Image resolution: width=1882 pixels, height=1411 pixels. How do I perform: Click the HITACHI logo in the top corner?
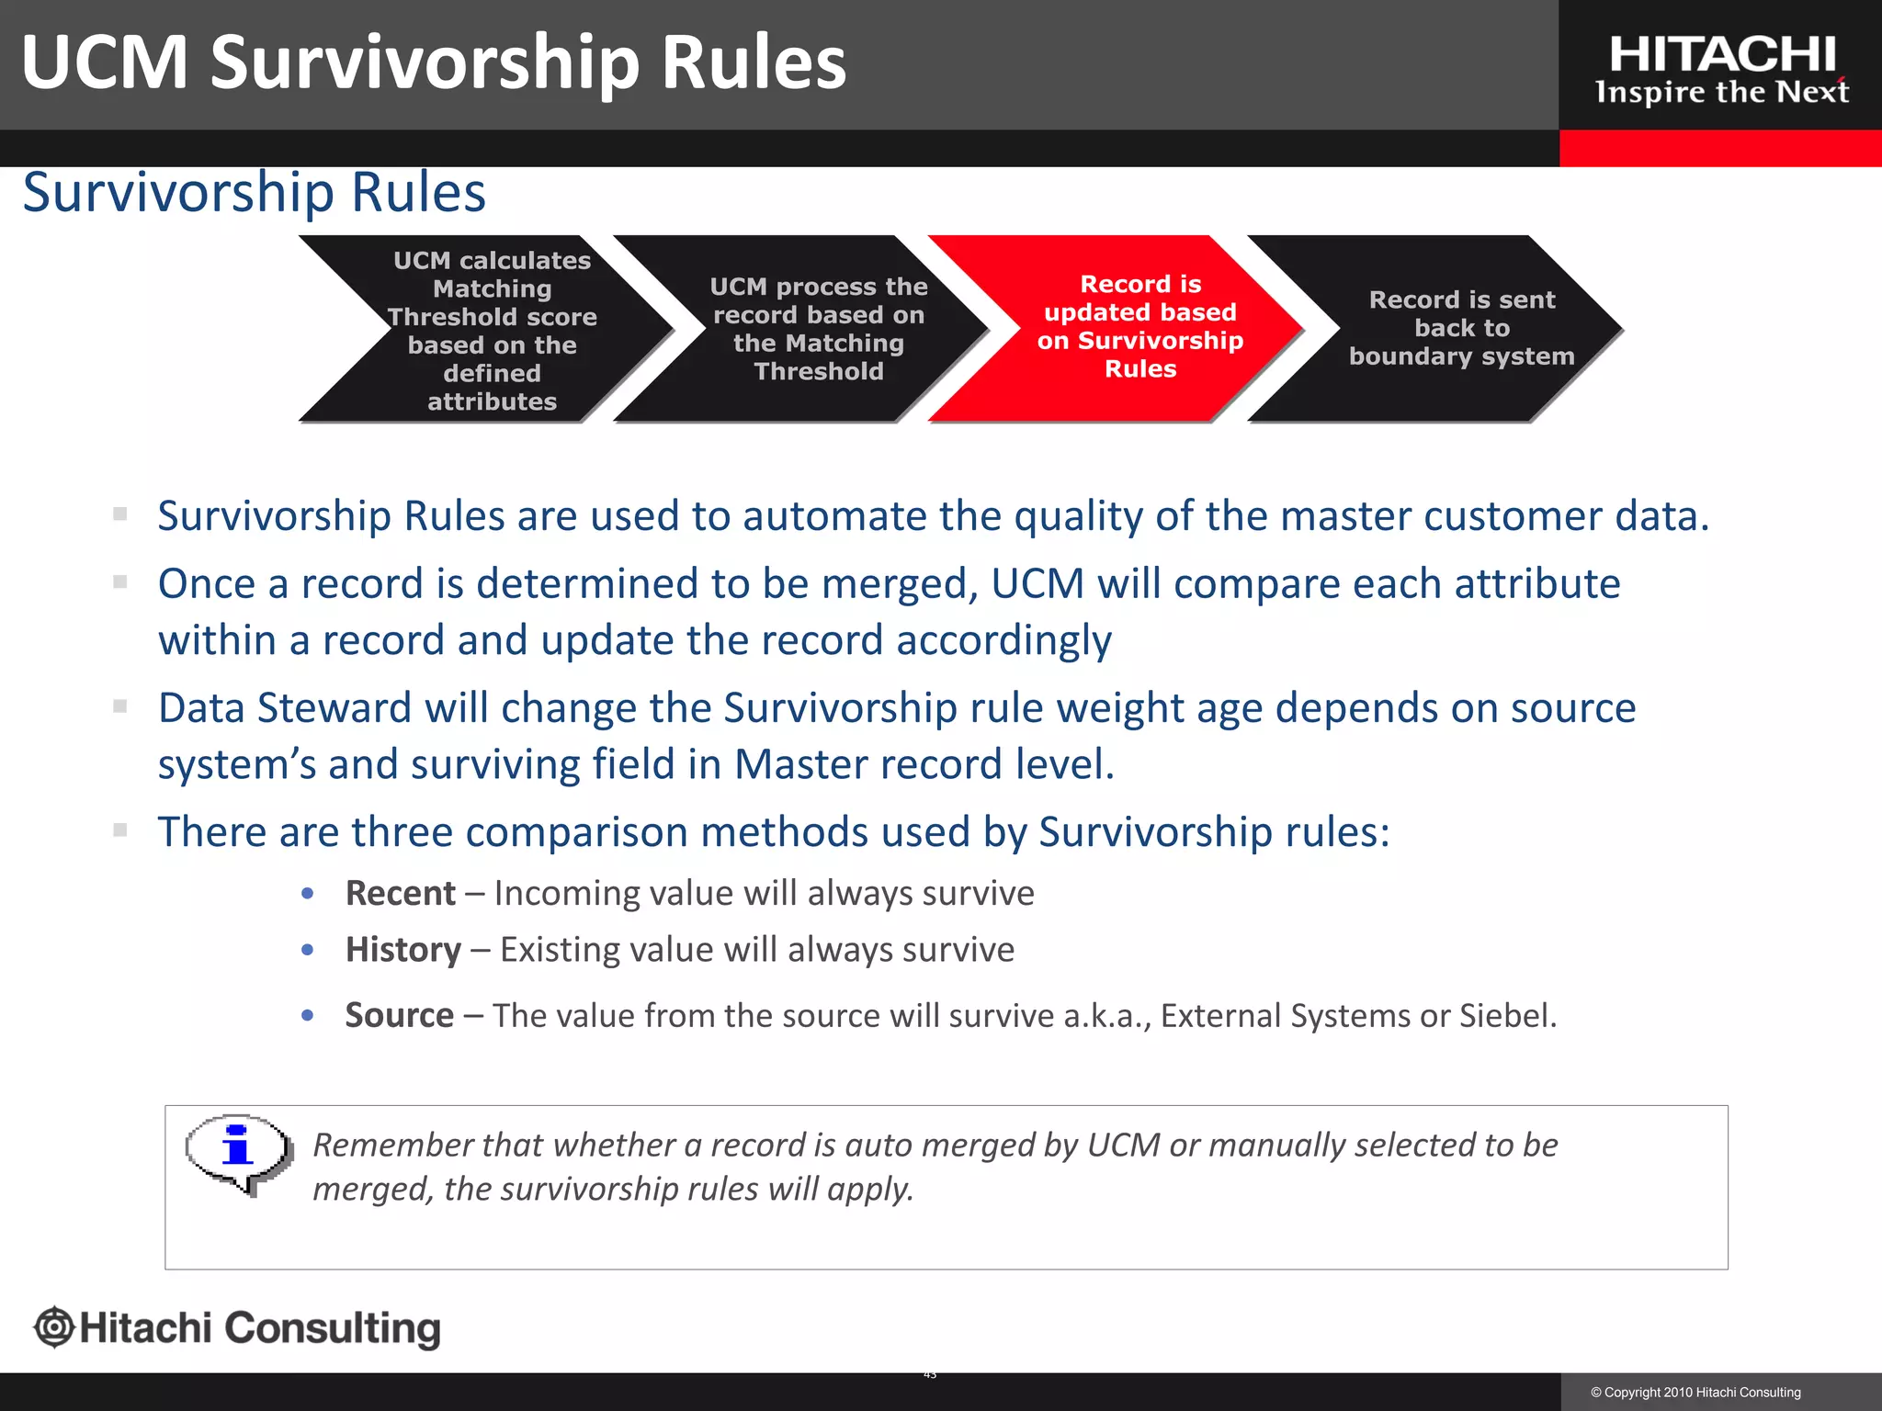click(1721, 55)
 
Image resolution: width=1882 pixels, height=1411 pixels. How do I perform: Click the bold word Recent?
click(400, 894)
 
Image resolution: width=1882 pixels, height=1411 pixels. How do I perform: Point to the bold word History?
click(402, 950)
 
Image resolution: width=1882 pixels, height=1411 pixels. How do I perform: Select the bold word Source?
click(399, 1016)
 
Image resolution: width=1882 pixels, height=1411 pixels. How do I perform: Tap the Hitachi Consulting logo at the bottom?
click(237, 1328)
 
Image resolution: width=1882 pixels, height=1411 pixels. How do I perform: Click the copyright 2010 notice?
click(1695, 1393)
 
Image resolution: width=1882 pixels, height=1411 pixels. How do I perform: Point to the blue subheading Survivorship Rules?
click(254, 193)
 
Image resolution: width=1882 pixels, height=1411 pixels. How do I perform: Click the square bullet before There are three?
click(120, 830)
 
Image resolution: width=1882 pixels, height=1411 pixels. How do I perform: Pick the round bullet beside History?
click(308, 950)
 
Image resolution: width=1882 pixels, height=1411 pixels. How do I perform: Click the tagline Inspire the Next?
click(1721, 93)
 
